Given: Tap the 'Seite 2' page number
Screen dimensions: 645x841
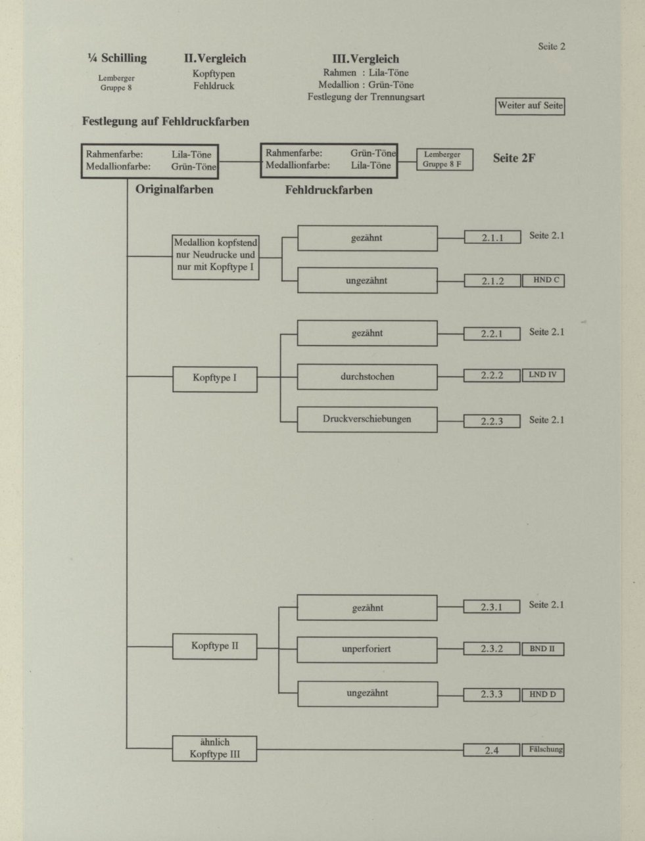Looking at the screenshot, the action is [552, 47].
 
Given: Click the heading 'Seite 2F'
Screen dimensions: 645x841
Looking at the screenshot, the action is [514, 158].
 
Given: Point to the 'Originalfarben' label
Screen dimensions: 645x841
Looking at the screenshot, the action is [174, 189].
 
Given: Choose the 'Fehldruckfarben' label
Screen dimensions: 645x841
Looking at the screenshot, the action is [329, 190].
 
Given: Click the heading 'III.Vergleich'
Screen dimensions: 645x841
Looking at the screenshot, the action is [366, 59].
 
